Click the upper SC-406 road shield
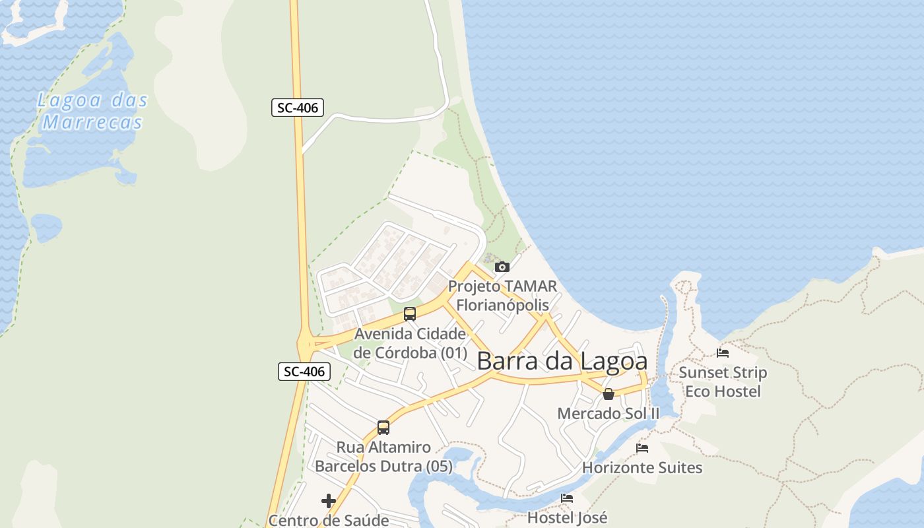tap(298, 108)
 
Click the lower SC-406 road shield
tap(304, 372)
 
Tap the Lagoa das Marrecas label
tap(92, 112)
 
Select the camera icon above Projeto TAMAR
tap(502, 267)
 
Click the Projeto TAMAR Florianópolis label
tap(502, 296)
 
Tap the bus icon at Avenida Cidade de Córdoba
tap(410, 314)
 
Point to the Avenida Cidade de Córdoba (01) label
tap(410, 343)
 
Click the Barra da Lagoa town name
tap(562, 361)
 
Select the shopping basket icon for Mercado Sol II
tap(609, 394)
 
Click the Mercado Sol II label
tap(609, 414)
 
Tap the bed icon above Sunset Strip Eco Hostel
tap(723, 353)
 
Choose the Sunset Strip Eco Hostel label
tap(723, 382)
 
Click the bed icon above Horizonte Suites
tap(642, 448)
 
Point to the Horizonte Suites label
tap(642, 468)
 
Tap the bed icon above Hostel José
tap(567, 498)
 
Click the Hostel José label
tap(567, 517)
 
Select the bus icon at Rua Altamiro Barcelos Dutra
tap(383, 428)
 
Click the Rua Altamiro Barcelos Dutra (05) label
tap(383, 457)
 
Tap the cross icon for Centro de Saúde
tap(329, 501)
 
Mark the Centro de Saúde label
tap(329, 520)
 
